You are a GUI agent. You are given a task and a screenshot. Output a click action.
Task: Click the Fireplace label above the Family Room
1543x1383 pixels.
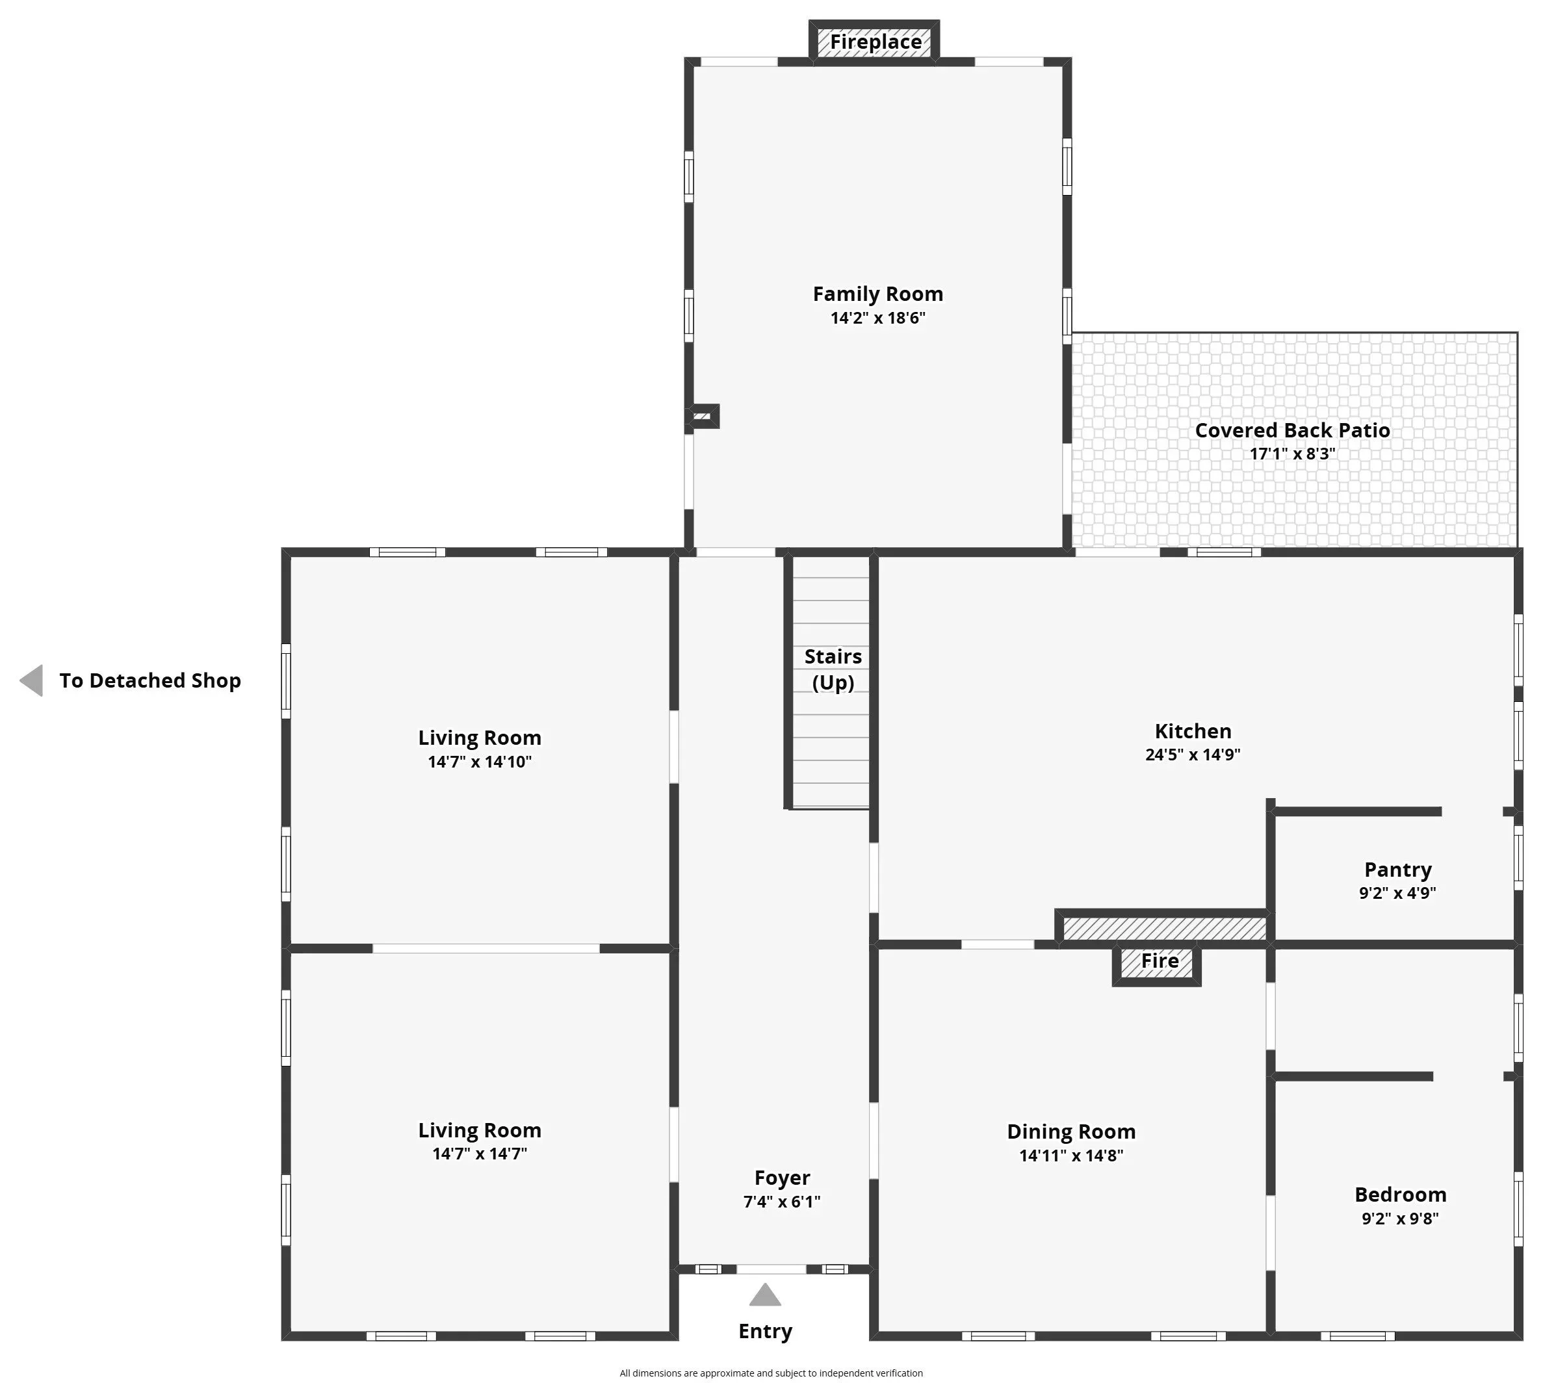(875, 42)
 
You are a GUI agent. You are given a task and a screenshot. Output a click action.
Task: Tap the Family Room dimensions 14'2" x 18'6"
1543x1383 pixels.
(878, 318)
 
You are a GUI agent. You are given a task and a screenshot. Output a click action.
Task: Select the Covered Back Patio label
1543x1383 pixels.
(1292, 430)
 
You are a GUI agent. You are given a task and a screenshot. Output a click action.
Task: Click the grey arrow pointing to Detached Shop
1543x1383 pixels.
(31, 680)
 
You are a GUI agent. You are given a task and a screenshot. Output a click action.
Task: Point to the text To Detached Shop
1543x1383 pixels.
(151, 680)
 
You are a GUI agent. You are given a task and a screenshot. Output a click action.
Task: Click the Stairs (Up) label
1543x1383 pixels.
(833, 669)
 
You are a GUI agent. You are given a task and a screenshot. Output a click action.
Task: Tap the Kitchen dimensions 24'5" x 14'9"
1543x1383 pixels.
(1193, 755)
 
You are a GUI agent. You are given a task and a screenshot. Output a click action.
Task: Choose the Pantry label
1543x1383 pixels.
(1398, 870)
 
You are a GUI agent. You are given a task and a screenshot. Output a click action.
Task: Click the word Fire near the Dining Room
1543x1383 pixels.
(1160, 961)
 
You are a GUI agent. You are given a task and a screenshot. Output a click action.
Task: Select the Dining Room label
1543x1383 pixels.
(1071, 1131)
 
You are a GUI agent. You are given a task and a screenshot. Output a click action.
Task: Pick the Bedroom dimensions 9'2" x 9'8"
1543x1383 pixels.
(1400, 1218)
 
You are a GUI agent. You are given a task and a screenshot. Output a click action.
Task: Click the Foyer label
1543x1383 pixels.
(782, 1178)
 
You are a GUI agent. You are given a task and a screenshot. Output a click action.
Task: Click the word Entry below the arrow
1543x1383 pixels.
(766, 1331)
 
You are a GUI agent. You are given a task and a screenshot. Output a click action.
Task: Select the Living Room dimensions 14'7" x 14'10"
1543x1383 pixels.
(480, 762)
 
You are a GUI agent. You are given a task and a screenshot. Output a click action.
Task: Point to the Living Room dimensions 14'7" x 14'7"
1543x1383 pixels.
(480, 1154)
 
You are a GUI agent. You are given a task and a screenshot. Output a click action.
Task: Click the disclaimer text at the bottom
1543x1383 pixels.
(771, 1373)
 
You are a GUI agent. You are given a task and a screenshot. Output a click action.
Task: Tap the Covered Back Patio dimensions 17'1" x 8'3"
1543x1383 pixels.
(1292, 454)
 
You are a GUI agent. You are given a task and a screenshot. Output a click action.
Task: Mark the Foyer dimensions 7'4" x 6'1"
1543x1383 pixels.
(782, 1202)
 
